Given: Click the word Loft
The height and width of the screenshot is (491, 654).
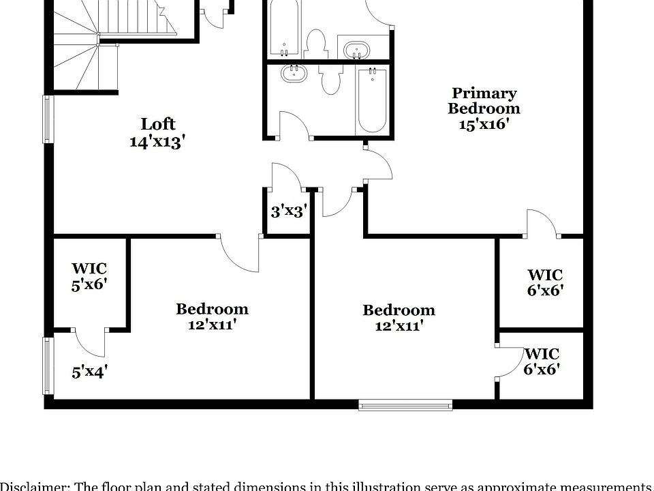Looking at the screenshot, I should coord(158,124).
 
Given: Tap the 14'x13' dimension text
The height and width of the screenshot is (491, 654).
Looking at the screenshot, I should coord(158,142).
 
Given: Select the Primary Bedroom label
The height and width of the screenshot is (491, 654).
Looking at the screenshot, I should coord(484,101).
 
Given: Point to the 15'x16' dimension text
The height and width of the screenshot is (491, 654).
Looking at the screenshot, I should coord(484,124).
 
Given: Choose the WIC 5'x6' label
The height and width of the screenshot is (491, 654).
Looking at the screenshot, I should coord(89,277).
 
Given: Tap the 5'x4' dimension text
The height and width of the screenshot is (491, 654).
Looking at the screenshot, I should coord(89,372).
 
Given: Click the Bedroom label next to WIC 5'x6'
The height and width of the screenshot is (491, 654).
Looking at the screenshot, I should coord(212,316).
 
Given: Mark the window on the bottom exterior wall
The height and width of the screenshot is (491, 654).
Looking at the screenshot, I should coord(405,406).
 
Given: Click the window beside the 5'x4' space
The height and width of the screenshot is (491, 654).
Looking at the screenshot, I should coord(48,367).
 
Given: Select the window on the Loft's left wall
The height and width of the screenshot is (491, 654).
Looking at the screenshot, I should coord(48,119).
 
